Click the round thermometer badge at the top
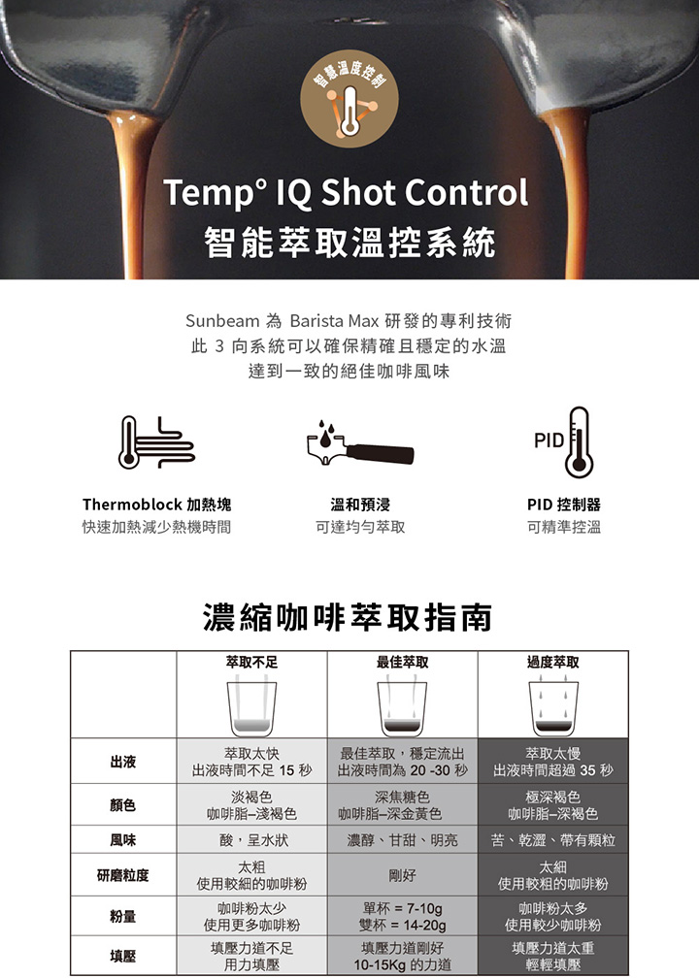pyautogui.click(x=349, y=99)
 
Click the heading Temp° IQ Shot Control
pyautogui.click(x=346, y=193)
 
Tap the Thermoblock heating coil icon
pyautogui.click(x=156, y=442)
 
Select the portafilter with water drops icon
pyautogui.click(x=360, y=443)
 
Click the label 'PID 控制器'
pyautogui.click(x=563, y=505)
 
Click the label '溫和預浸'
pyautogui.click(x=360, y=505)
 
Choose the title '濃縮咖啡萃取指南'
pyautogui.click(x=348, y=617)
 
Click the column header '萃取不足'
pyautogui.click(x=252, y=662)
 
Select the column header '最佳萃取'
pyautogui.click(x=403, y=662)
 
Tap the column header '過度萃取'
pyautogui.click(x=553, y=662)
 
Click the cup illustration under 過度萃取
pyautogui.click(x=553, y=708)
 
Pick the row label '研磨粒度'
pyautogui.click(x=123, y=875)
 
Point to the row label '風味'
pyautogui.click(x=123, y=840)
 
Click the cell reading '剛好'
pyautogui.click(x=403, y=875)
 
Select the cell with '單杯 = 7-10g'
pyautogui.click(x=403, y=916)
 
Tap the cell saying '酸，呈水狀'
pyautogui.click(x=252, y=839)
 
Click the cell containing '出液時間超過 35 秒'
pyautogui.click(x=553, y=762)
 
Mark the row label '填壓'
pyautogui.click(x=123, y=957)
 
